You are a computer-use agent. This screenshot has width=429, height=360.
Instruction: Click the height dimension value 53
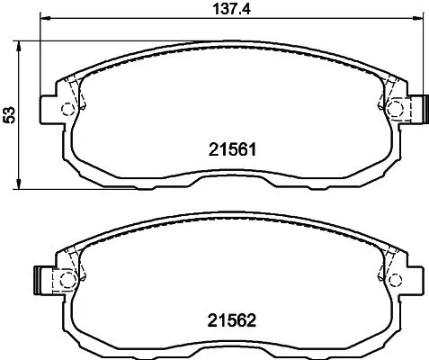point(10,114)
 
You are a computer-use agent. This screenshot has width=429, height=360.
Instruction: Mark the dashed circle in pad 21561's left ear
point(67,110)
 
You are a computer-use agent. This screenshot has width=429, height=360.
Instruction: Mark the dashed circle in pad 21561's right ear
point(395,110)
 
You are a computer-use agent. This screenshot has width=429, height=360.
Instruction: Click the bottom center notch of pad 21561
point(230,182)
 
